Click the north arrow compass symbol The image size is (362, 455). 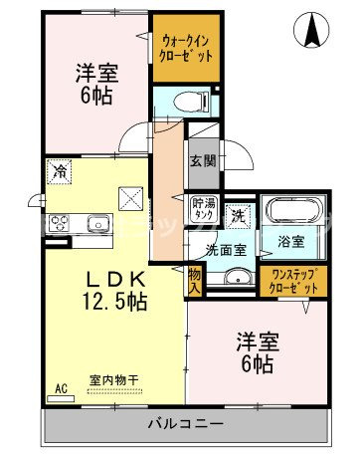(315, 31)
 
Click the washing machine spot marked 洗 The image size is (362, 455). (239, 212)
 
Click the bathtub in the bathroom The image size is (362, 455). (289, 212)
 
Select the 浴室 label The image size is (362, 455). (289, 241)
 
